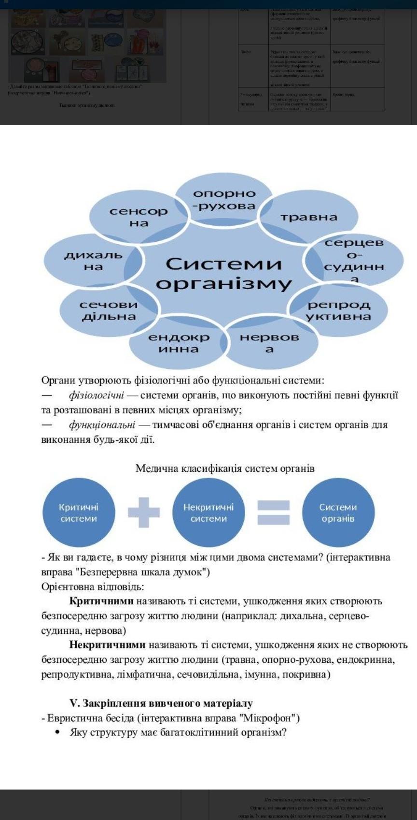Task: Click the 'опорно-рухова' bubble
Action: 224,200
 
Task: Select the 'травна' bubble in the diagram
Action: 309,217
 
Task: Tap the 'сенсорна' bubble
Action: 139,217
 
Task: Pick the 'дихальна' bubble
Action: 93,261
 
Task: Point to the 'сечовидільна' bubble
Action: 109,310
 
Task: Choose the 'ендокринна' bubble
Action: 179,343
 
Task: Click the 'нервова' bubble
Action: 269,343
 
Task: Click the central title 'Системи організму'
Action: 223,273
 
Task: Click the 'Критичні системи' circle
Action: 79,512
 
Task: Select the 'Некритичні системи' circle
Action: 208,512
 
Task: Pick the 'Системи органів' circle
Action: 338,512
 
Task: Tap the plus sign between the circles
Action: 144,512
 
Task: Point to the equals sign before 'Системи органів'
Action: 273,512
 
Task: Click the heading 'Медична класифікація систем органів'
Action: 225,468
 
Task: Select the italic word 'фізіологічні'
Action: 97,395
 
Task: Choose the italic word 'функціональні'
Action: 102,425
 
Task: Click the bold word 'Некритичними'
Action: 107,644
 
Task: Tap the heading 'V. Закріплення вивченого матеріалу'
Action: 161,703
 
